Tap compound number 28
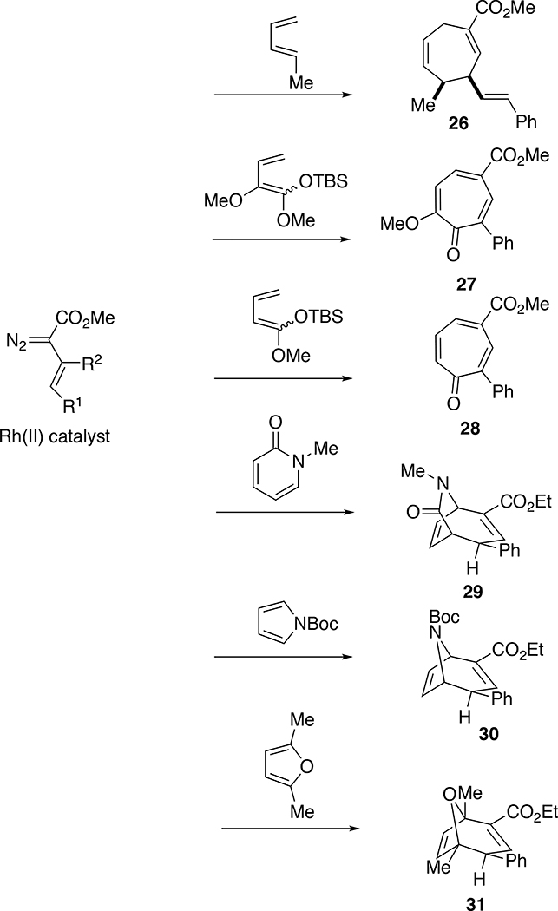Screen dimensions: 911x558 [449, 429]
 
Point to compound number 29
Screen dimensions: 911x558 [455, 600]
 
